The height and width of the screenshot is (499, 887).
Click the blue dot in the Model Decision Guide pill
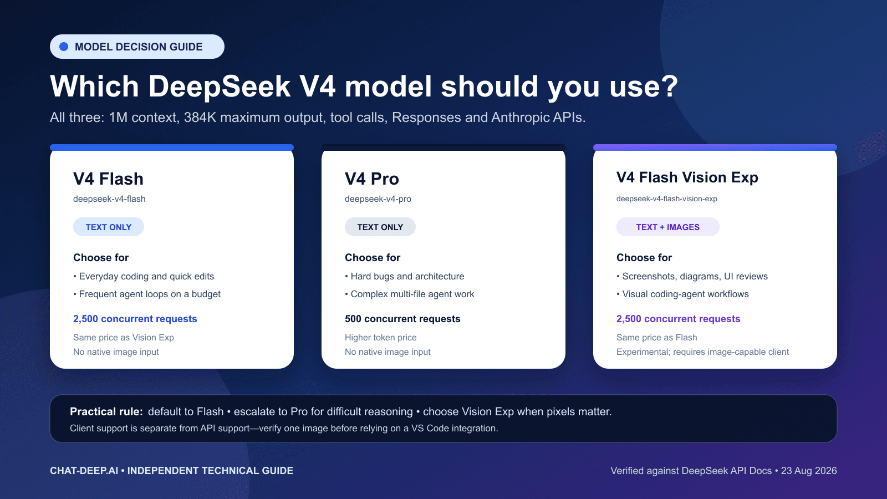click(64, 47)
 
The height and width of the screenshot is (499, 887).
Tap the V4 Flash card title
click(108, 179)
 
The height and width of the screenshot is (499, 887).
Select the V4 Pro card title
click(372, 179)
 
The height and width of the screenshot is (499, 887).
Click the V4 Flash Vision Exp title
click(687, 177)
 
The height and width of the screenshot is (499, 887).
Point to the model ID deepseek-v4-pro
click(378, 199)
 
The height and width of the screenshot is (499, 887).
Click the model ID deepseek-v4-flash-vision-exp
click(667, 199)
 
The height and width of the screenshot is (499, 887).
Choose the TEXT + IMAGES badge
click(667, 227)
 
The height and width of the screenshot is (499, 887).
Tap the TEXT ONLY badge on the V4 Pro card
click(380, 227)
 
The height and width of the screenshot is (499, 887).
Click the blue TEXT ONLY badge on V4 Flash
click(109, 227)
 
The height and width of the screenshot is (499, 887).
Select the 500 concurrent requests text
click(402, 319)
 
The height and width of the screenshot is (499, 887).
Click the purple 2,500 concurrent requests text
click(679, 319)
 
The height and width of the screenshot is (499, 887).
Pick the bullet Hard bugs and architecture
click(404, 277)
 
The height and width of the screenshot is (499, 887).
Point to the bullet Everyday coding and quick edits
click(144, 277)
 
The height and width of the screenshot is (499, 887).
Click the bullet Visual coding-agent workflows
click(682, 294)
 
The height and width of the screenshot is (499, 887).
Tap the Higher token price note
click(380, 338)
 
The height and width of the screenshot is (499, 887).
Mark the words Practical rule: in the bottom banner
click(106, 411)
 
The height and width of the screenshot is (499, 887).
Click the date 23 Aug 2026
click(809, 471)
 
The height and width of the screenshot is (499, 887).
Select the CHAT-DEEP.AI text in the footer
click(84, 471)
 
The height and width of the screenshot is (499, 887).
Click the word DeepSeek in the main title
click(220, 86)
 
